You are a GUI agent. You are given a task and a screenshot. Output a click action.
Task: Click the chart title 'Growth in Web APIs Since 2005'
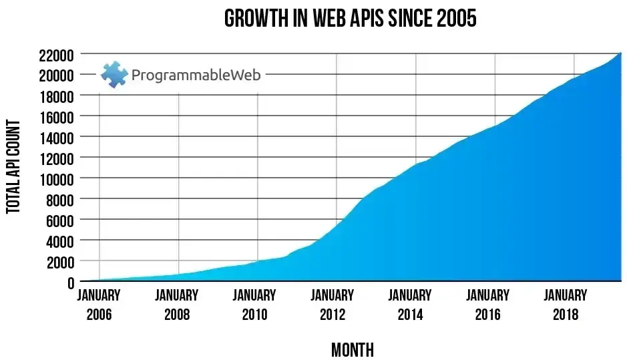[350, 18]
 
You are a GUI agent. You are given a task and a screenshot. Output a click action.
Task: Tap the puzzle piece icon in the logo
[114, 74]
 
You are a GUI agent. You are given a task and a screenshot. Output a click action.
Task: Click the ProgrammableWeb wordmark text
[196, 74]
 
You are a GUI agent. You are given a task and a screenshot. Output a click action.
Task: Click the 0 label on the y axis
[69, 282]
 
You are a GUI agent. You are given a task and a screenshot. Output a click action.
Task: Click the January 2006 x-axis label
[99, 304]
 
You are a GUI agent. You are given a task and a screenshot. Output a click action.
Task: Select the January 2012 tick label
[332, 304]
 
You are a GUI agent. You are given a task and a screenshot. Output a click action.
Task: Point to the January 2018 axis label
[565, 304]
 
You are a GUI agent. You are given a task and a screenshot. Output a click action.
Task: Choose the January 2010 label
[254, 304]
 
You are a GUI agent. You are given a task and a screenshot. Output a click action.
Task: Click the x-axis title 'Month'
[352, 349]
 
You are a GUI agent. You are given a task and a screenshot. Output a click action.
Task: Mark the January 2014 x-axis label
[410, 304]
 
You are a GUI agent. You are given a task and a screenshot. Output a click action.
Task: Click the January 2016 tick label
[487, 304]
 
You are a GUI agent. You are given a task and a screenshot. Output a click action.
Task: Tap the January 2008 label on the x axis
[177, 304]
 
